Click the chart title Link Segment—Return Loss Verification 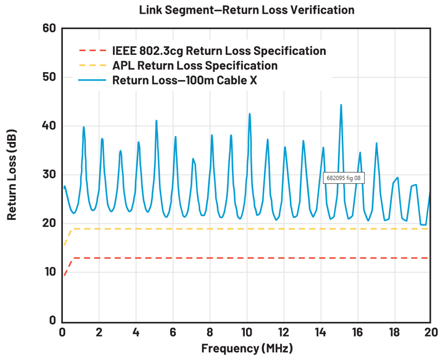click(247, 10)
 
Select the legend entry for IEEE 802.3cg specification click(219, 51)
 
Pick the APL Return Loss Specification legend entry click(195, 65)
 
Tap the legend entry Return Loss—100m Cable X click(185, 80)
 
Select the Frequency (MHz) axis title click(247, 348)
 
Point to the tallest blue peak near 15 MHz click(341, 105)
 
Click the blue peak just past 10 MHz click(250, 114)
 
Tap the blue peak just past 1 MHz click(84, 127)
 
